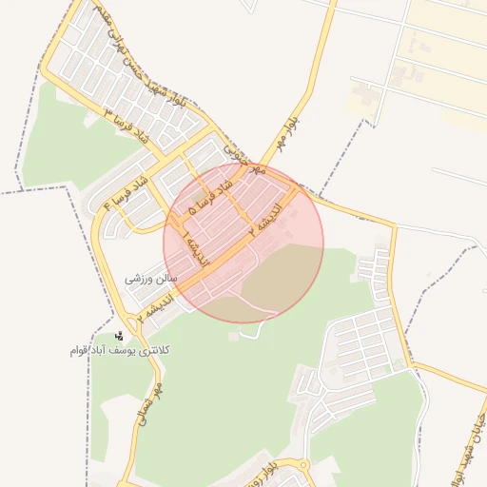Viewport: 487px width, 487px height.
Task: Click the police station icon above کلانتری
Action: point(119,336)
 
